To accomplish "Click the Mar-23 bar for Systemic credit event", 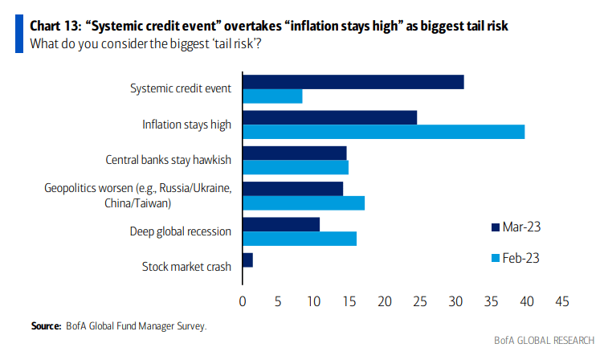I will coord(353,81).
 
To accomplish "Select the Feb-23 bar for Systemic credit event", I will coord(272,96).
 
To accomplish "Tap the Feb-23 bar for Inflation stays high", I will coord(383,132).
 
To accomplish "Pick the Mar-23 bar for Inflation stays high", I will coord(329,117).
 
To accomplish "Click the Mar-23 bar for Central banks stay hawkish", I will coord(294,153).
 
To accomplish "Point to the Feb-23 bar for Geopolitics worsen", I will coord(303,202).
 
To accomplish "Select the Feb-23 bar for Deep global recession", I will coord(299,239).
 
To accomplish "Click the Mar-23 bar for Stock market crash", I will coord(247,260).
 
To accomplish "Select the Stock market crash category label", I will coord(186,267).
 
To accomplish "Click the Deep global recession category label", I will coord(181,231).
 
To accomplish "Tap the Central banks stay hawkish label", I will coord(169,160).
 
